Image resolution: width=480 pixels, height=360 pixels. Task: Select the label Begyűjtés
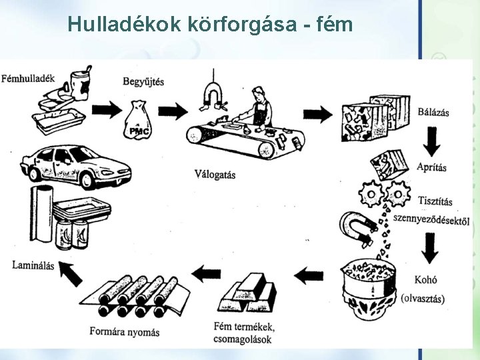(143, 82)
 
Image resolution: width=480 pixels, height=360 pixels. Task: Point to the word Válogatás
(215, 175)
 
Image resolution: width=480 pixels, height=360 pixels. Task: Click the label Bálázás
(433, 111)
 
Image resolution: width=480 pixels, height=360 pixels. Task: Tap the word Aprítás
(432, 167)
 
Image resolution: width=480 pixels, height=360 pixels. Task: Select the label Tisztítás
(435, 201)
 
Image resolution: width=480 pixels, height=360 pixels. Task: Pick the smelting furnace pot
(367, 283)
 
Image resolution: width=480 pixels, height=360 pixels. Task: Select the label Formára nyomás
(125, 331)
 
